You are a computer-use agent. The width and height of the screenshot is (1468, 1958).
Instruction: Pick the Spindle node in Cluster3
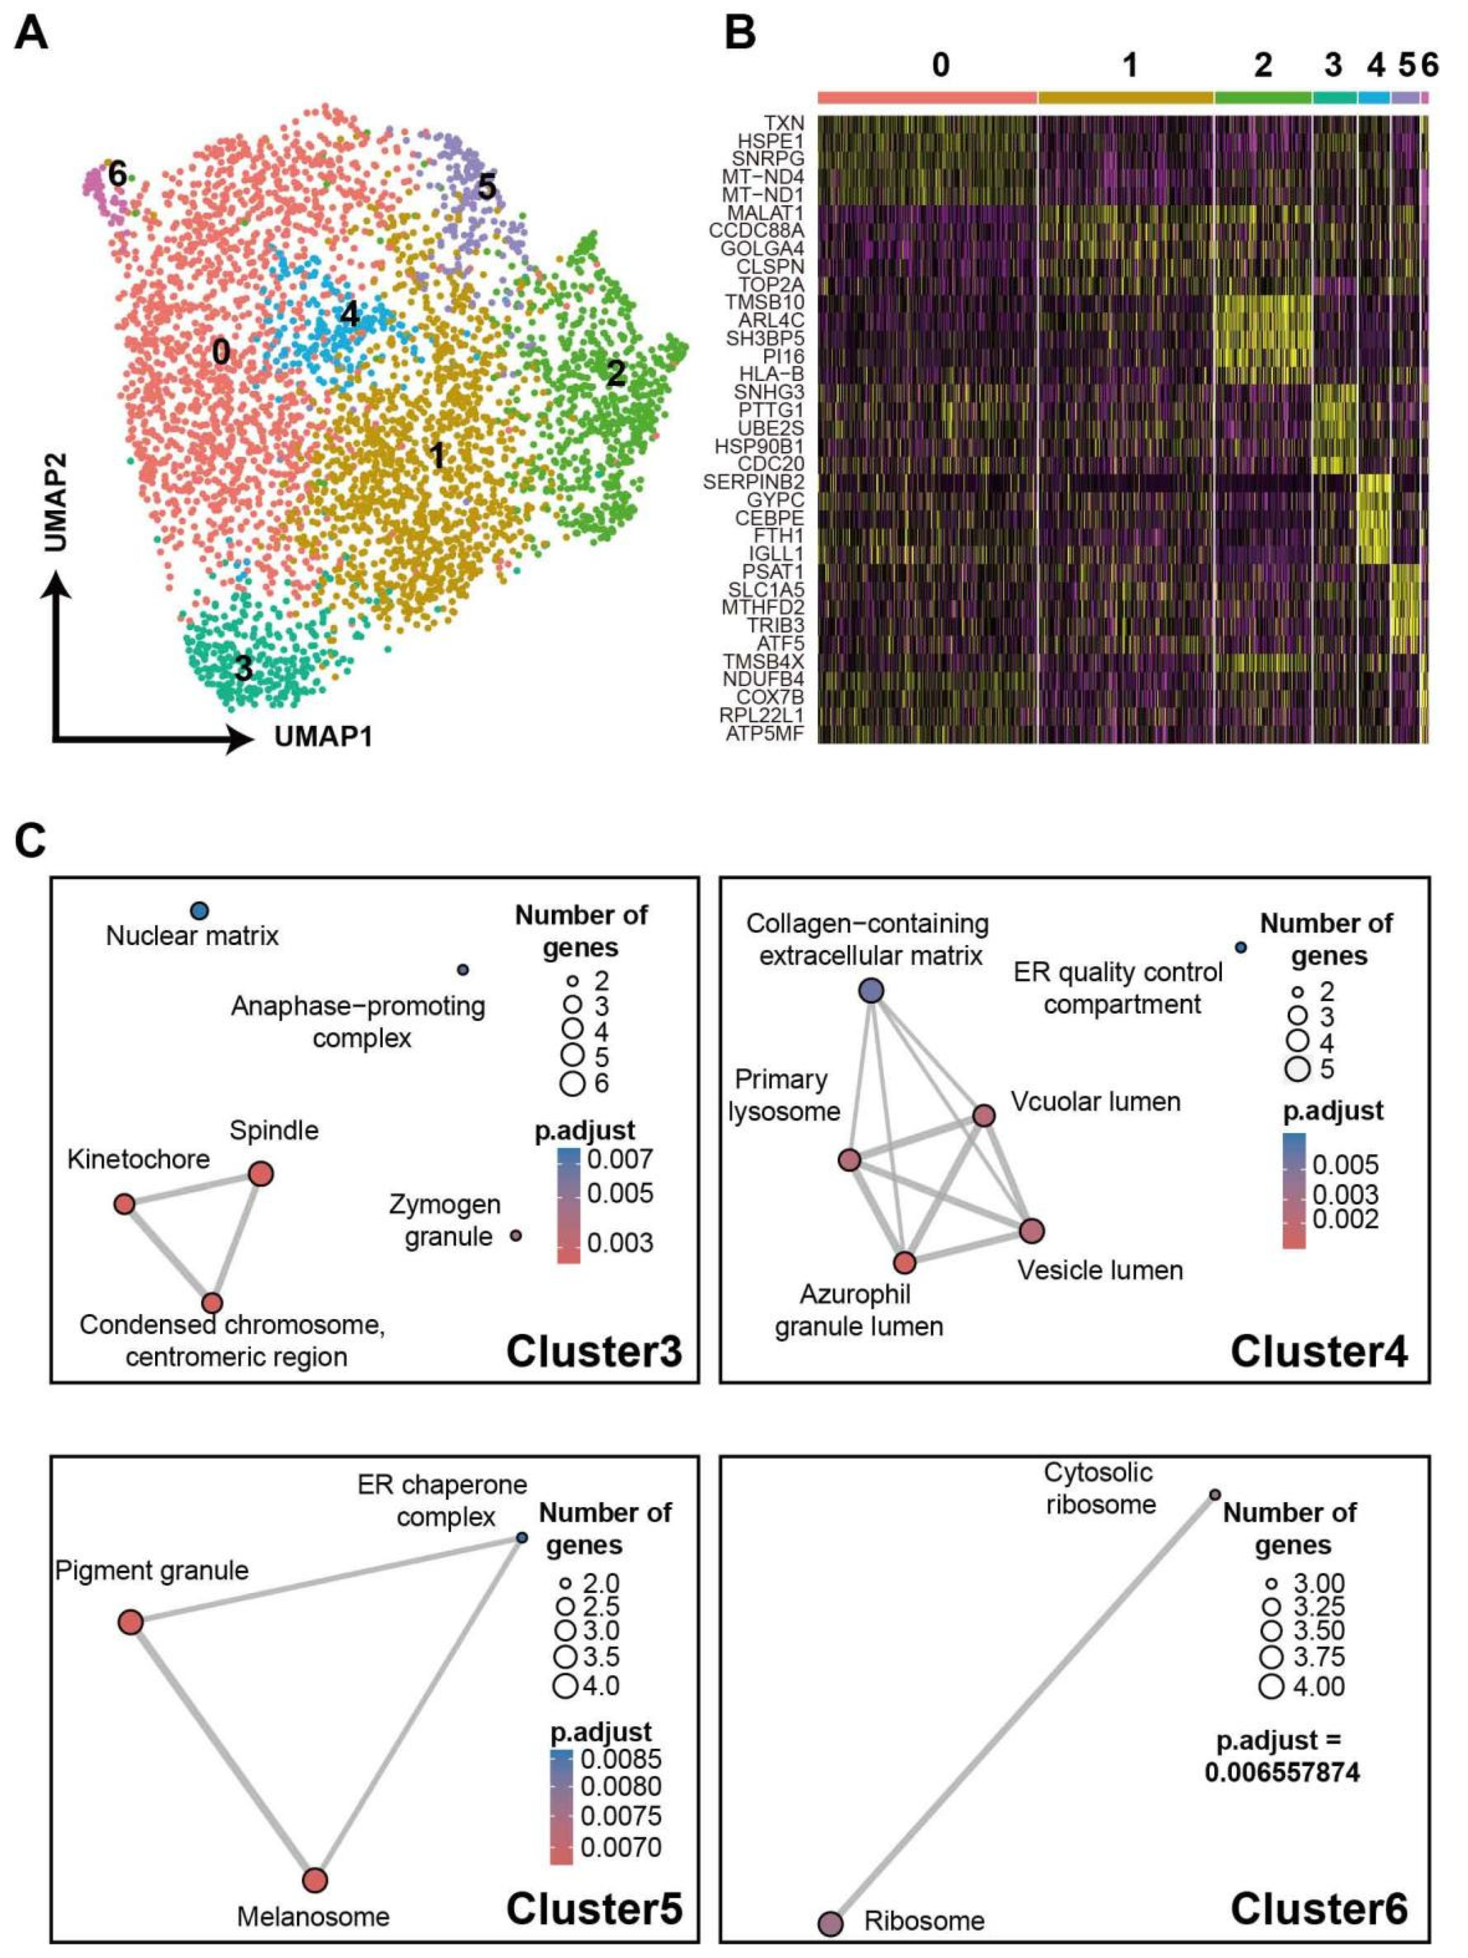pyautogui.click(x=260, y=1174)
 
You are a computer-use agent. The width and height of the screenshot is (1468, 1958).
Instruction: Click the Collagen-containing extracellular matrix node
pyautogui.click(x=872, y=990)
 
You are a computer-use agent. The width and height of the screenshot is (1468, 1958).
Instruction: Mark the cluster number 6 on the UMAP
pyautogui.click(x=118, y=174)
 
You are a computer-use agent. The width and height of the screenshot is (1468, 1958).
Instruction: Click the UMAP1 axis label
pyautogui.click(x=323, y=736)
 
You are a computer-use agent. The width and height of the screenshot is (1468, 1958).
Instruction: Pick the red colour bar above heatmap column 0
pyautogui.click(x=926, y=97)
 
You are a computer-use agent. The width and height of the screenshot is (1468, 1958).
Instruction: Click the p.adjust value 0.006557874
pyautogui.click(x=1282, y=1772)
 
